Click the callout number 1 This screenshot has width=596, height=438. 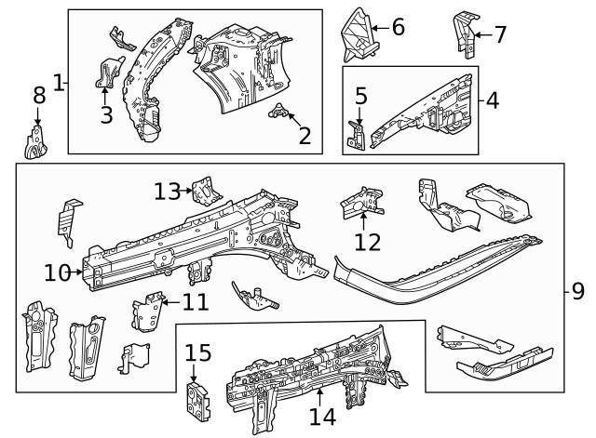pyautogui.click(x=59, y=83)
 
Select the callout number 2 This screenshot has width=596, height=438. pyautogui.click(x=305, y=137)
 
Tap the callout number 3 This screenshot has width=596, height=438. pyautogui.click(x=105, y=114)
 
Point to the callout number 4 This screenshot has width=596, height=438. pyautogui.click(x=493, y=99)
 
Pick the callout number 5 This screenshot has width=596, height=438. pyautogui.click(x=361, y=96)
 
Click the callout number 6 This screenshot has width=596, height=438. pyautogui.click(x=398, y=28)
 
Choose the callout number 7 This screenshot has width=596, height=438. pyautogui.click(x=500, y=35)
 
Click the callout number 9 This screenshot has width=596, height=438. pyautogui.click(x=577, y=292)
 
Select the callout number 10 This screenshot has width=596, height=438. pyautogui.click(x=57, y=272)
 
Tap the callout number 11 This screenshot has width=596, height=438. pyautogui.click(x=195, y=301)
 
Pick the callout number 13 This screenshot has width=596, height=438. pyautogui.click(x=167, y=192)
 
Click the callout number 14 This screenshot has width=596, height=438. pyautogui.click(x=321, y=418)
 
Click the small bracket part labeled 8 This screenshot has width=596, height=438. pyautogui.click(x=35, y=141)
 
